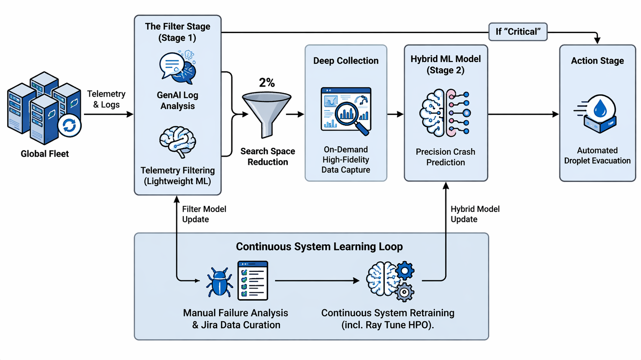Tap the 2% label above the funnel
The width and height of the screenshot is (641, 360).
tap(267, 83)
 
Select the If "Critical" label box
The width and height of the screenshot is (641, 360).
tap(518, 32)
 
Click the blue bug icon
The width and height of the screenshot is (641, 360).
tap(219, 282)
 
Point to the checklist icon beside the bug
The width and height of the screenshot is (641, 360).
tap(252, 280)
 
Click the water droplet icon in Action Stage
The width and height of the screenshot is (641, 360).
tap(600, 109)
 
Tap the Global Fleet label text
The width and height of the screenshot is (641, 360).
tap(44, 154)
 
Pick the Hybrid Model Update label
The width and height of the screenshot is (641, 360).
tap(475, 214)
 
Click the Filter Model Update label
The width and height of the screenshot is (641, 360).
tap(204, 214)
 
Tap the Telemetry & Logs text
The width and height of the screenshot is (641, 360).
tap(106, 99)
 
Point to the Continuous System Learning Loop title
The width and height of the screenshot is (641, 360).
tap(319, 247)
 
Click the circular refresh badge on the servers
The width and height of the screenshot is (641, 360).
tap(69, 125)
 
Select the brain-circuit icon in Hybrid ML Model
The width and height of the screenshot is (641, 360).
tap(445, 113)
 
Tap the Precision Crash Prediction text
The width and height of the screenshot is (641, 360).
tap(445, 157)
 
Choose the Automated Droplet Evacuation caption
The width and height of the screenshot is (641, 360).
tap(597, 155)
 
